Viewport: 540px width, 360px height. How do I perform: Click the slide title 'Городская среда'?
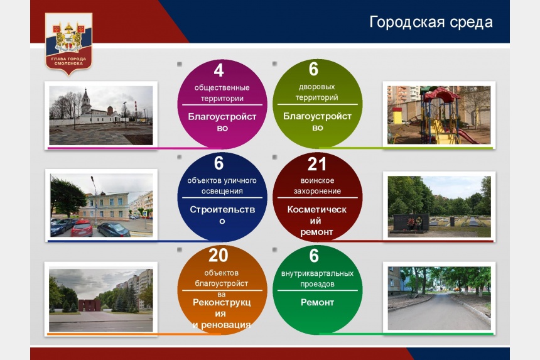431,23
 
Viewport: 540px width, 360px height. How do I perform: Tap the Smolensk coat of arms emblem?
68,44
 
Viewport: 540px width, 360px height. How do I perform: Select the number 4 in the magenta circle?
219,70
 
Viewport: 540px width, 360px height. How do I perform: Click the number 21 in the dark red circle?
317,164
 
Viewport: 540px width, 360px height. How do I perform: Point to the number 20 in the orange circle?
219,255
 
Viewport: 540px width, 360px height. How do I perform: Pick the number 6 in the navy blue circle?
219,163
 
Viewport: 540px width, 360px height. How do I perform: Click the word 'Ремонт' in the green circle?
317,302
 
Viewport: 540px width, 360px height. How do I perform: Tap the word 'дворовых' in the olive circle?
317,87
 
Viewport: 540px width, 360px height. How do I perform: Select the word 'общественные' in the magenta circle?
222,88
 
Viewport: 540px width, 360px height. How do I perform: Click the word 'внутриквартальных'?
317,273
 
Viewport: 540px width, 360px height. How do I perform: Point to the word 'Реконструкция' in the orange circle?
222,308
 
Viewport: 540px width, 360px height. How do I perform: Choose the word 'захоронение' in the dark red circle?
317,191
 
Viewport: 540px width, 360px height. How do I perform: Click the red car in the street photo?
82,228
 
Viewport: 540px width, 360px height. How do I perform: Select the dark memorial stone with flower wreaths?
411,223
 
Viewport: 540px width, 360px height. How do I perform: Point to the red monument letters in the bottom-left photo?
90,305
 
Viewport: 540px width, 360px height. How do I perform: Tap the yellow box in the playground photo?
397,116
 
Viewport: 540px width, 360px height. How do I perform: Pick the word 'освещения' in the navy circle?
222,191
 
